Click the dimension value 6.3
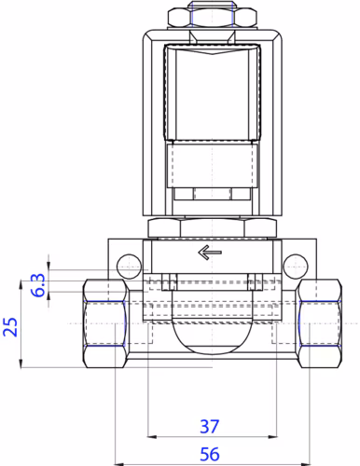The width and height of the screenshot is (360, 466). (x=39, y=285)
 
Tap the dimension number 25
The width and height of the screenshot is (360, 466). (x=10, y=327)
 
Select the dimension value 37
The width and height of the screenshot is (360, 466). (x=210, y=427)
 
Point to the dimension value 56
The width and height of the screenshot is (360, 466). (x=210, y=454)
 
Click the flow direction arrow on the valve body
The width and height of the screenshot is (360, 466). (x=210, y=252)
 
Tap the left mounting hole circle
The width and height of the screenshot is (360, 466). (x=129, y=267)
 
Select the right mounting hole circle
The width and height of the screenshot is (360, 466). (x=296, y=267)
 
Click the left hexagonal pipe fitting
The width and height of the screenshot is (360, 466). (x=105, y=323)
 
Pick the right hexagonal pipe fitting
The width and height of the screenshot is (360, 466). (x=319, y=323)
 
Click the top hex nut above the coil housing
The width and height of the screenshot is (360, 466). (x=213, y=18)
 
